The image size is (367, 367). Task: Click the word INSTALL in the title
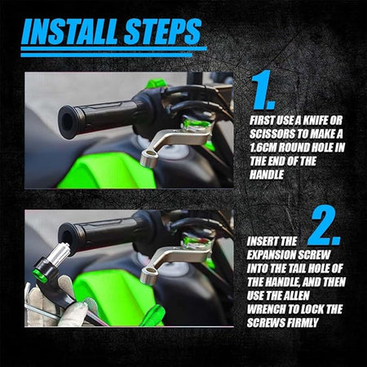pyautogui.click(x=70, y=31)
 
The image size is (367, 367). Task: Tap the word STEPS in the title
pyautogui.click(x=162, y=31)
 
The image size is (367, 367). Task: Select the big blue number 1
pyautogui.click(x=263, y=90)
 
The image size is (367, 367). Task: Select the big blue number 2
pyautogui.click(x=325, y=226)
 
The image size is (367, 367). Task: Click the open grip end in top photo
pyautogui.click(x=68, y=122)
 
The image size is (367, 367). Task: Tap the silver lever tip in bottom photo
pyautogui.click(x=149, y=274)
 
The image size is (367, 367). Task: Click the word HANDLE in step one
pyautogui.click(x=267, y=175)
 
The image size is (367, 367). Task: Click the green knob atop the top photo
pyautogui.click(x=156, y=82)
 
